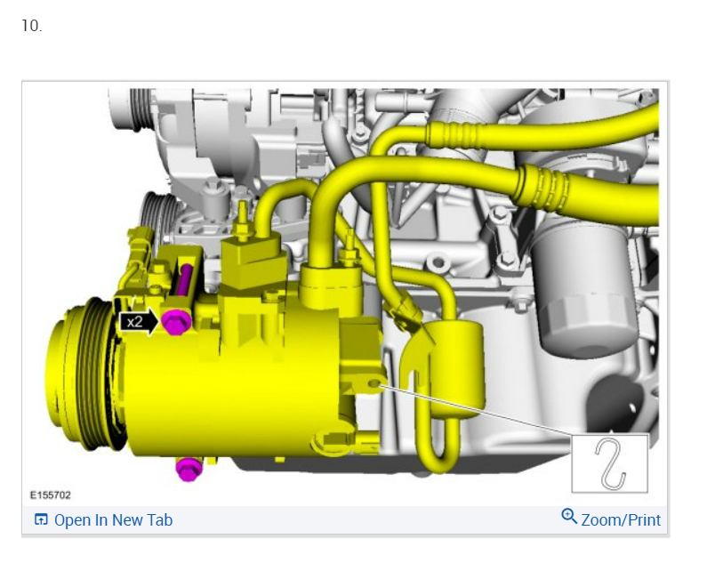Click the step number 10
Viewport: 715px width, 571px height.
click(x=31, y=26)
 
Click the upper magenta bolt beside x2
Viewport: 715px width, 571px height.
click(x=176, y=322)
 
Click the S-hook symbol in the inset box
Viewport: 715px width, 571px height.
click(x=610, y=464)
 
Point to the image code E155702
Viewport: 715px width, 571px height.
click(x=50, y=495)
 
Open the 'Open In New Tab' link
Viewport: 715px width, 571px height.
click(x=113, y=520)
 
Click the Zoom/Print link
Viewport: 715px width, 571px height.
click(x=621, y=520)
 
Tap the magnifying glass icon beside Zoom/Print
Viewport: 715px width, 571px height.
click(x=569, y=517)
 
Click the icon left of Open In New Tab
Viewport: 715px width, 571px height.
click(x=41, y=519)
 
